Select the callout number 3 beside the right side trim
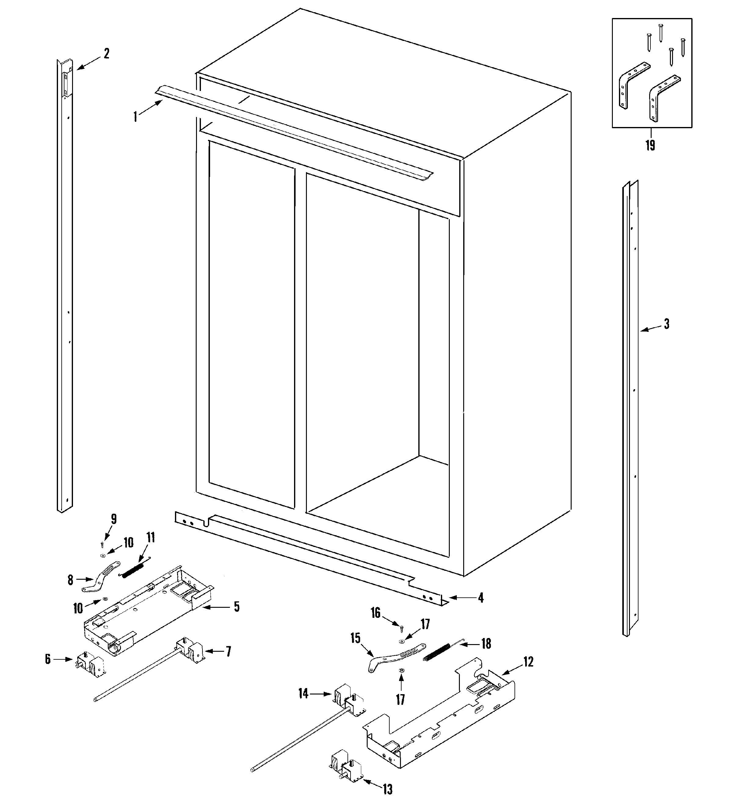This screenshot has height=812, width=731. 666,324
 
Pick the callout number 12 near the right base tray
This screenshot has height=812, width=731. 528,662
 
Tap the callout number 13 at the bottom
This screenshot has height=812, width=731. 387,789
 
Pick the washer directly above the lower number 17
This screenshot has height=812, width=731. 401,670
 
